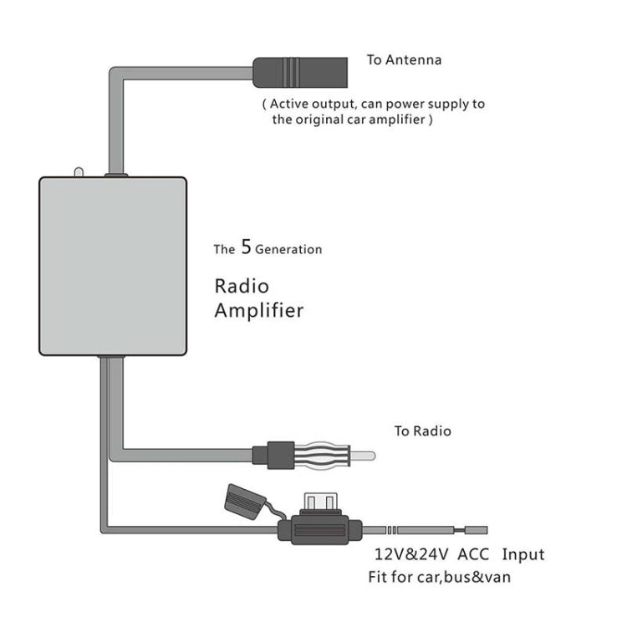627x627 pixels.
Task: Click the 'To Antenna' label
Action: (404, 60)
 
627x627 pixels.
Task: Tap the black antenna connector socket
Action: (299, 71)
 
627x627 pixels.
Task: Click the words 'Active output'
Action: (310, 104)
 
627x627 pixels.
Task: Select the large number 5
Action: (246, 247)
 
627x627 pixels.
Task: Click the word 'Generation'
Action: (288, 249)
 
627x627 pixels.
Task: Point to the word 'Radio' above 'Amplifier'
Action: (242, 285)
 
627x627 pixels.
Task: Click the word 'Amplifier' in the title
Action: (258, 311)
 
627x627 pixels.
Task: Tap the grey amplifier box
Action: (112, 266)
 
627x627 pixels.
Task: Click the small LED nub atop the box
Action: (78, 172)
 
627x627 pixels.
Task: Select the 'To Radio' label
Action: (422, 431)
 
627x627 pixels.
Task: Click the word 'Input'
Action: (523, 554)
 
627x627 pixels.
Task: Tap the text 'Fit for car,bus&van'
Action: (439, 577)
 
